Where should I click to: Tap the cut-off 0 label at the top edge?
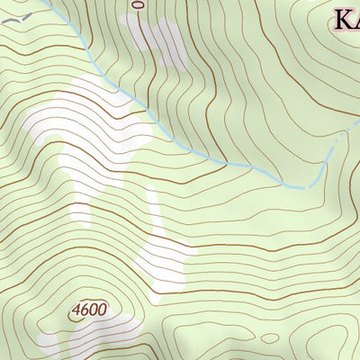click(x=137, y=4)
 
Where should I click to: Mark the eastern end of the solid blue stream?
click(x=297, y=185)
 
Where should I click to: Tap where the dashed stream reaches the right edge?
click(x=357, y=127)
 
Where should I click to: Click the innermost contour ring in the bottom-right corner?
click(x=346, y=346)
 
